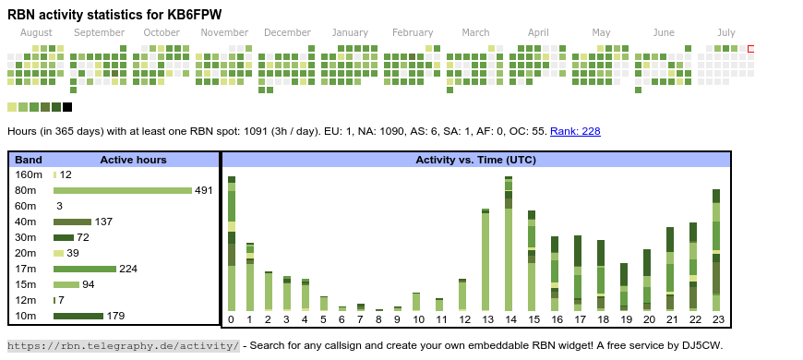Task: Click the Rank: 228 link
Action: tap(575, 131)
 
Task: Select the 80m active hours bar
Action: tap(123, 190)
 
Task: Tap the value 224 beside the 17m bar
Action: tap(128, 269)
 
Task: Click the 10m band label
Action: tap(26, 316)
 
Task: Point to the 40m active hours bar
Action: tap(72, 222)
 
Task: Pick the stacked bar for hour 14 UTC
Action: tap(509, 244)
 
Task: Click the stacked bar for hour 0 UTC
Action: tap(232, 244)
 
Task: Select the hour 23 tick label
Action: tap(718, 319)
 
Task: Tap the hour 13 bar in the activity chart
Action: tap(485, 260)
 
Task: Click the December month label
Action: tap(287, 32)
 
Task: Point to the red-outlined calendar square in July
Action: tap(750, 49)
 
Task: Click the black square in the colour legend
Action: tap(67, 107)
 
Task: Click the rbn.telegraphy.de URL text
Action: tap(123, 345)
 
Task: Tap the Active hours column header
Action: tap(133, 160)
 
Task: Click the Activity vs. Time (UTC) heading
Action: tap(475, 160)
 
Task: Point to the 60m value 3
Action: tap(59, 206)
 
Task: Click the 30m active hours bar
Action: tap(64, 237)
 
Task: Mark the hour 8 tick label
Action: tap(378, 319)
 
